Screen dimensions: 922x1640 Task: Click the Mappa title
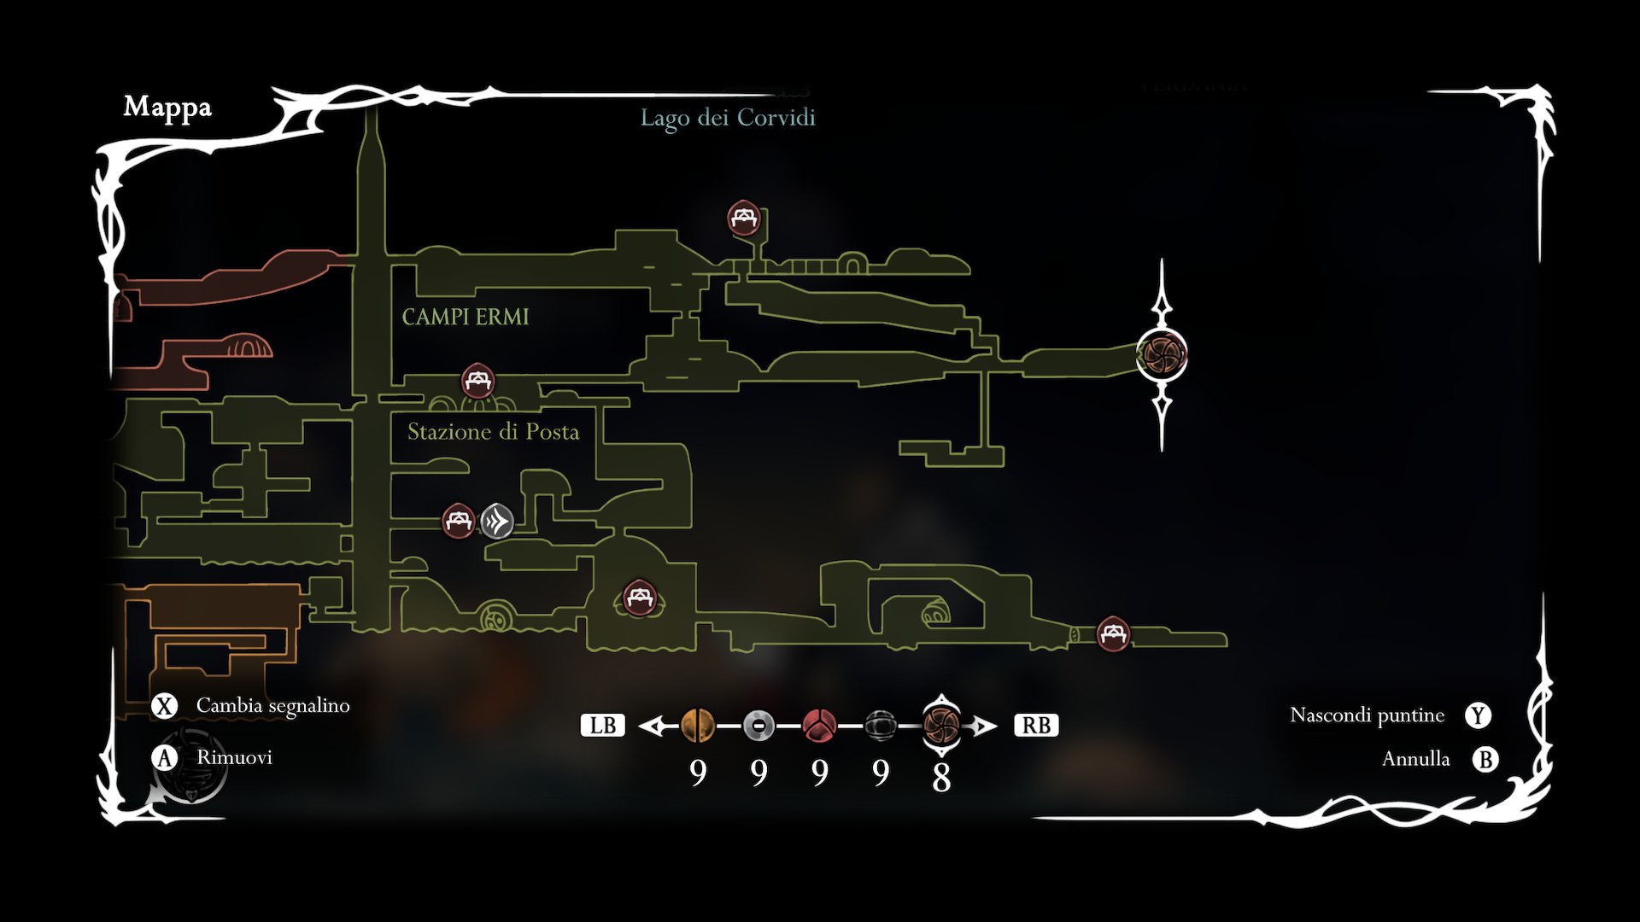pos(167,108)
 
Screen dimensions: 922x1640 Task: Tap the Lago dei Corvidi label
pos(728,118)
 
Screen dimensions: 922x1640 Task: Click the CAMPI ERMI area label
pos(466,317)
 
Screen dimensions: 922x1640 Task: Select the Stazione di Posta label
pos(493,432)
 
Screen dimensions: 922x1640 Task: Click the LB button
pos(602,726)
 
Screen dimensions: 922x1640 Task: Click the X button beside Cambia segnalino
pos(164,706)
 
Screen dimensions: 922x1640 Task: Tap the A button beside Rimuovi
pos(164,758)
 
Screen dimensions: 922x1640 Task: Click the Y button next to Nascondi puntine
pos(1478,715)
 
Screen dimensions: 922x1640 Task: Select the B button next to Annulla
pos(1485,759)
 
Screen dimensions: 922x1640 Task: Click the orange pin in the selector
pos(698,726)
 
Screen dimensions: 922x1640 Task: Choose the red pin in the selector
pos(819,726)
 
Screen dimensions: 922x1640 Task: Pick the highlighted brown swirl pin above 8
pos(941,726)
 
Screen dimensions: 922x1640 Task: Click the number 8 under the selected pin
pos(941,777)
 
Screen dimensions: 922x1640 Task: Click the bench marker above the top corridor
pos(744,219)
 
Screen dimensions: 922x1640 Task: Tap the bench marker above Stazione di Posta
pos(477,381)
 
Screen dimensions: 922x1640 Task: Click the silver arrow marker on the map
pos(497,521)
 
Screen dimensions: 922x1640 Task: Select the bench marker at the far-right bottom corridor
pos(1112,633)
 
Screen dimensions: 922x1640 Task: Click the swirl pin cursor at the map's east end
pos(1162,354)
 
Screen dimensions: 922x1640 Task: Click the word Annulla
pos(1415,759)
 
